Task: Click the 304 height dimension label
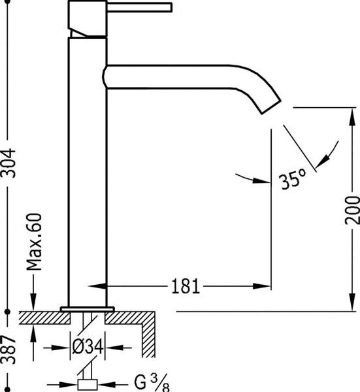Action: point(8,163)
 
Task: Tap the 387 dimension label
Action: point(8,350)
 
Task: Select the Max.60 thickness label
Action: point(34,242)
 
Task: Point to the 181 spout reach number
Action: point(186,286)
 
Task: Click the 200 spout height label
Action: point(353,210)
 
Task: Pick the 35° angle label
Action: point(292,178)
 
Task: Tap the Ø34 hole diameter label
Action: point(88,347)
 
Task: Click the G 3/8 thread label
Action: point(152,382)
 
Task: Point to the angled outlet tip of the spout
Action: point(271,108)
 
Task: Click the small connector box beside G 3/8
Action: point(88,385)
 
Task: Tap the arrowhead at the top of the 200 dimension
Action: point(353,116)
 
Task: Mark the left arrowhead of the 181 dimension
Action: point(97,286)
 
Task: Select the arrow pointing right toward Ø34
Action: point(57,348)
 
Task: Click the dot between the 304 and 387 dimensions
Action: point(7,312)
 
